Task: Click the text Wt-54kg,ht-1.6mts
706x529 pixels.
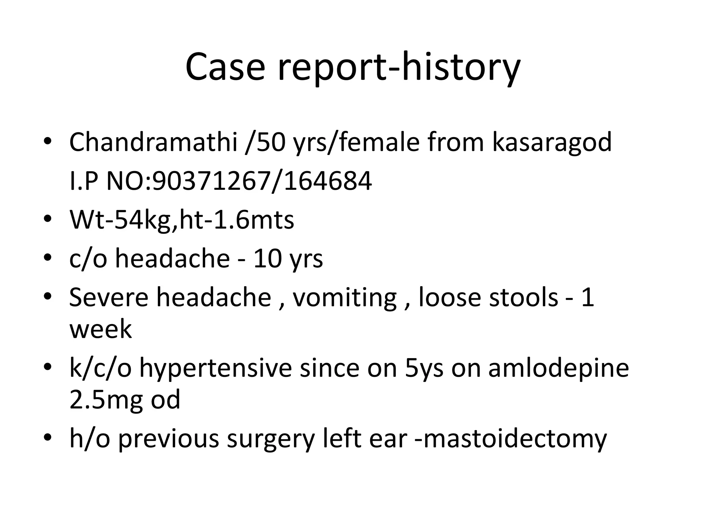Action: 182,220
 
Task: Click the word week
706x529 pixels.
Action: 101,329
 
